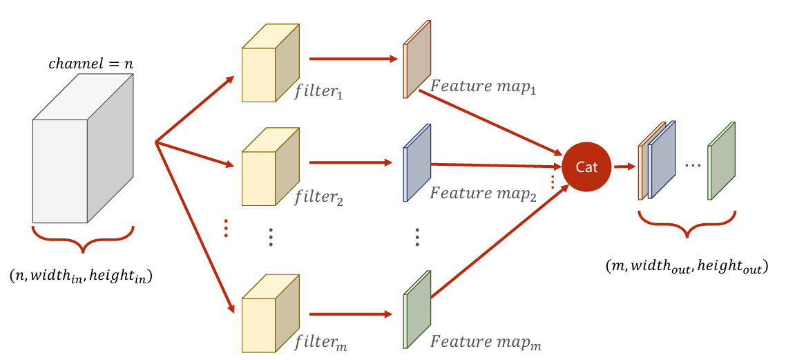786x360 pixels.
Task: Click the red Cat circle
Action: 587,167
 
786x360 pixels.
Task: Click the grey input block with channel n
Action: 83,149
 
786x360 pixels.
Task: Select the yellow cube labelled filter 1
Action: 271,63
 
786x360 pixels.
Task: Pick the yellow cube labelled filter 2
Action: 271,167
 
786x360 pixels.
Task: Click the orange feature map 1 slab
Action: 417,59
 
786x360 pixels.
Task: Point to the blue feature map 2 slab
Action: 417,162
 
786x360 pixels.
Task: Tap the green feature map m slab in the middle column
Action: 417,310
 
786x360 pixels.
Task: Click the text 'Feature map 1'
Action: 484,86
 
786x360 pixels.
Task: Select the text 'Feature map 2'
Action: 484,193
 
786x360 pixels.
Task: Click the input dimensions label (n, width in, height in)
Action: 81,276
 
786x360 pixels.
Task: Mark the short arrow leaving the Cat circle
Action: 622,167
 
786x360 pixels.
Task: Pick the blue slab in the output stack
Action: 662,160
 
